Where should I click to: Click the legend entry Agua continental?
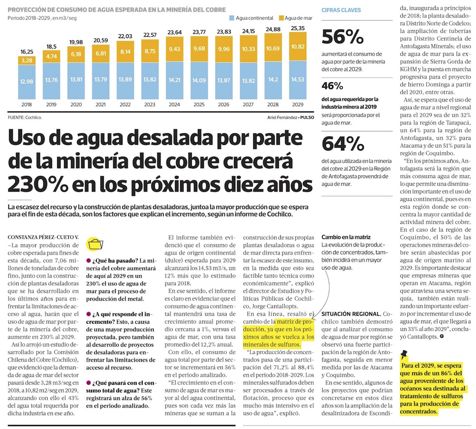tap(251, 18)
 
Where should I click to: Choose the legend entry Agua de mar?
tap(298, 18)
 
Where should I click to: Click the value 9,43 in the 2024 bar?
tap(174, 49)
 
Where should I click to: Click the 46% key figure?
tap(333, 86)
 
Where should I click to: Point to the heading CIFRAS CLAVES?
tap(341, 10)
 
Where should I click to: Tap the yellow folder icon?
tap(96, 243)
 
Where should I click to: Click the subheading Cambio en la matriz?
tap(346, 237)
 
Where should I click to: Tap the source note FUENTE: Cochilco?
tap(25, 117)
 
